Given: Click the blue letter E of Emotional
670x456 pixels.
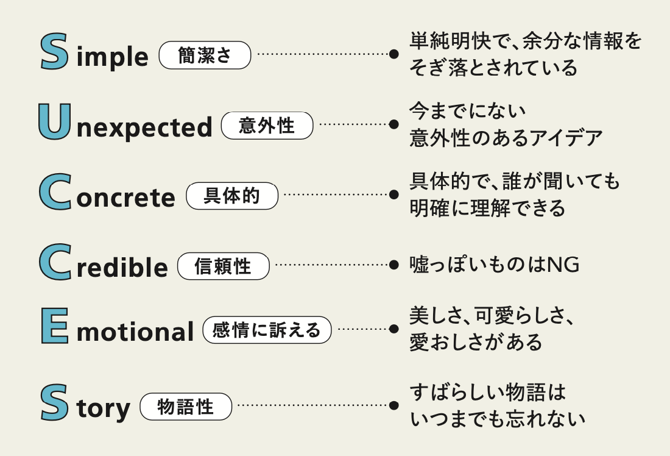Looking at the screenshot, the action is tap(55, 326).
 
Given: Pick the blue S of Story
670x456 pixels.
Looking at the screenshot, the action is tap(54, 402).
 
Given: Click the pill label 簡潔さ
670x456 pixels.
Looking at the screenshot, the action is tap(205, 55).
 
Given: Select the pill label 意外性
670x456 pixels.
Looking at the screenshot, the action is tap(267, 126).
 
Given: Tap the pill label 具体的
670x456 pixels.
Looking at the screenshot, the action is tap(232, 196).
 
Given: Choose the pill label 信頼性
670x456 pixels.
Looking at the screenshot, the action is tap(224, 266).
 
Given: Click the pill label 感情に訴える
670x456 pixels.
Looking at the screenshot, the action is tap(267, 330).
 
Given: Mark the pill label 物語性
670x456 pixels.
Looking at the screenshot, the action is tap(186, 407).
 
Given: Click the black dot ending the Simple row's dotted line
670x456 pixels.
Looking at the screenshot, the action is tap(394, 54).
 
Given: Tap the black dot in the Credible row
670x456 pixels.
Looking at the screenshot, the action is tap(394, 265).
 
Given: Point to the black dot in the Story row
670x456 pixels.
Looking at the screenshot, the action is tap(394, 405).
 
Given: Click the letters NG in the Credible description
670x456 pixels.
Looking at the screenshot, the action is tap(563, 265).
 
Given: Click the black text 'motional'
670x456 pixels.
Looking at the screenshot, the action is tap(135, 332).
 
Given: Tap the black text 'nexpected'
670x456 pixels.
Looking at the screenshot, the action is tap(144, 127).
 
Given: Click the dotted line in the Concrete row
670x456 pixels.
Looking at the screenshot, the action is tap(336, 194).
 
